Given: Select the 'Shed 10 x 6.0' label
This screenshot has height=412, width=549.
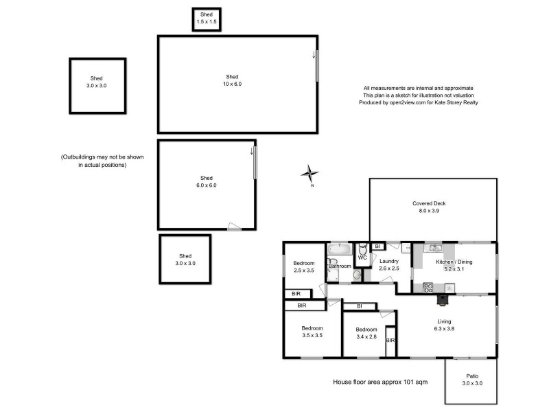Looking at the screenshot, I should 233,80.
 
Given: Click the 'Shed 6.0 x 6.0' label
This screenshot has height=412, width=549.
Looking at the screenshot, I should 207,181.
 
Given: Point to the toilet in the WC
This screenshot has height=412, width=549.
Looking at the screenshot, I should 362,251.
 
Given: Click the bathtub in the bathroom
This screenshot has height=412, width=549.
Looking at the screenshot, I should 340,249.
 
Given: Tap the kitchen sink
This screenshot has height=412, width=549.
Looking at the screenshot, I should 433,248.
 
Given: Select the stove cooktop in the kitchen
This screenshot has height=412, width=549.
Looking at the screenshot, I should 428,286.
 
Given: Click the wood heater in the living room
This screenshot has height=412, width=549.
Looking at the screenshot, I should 443,298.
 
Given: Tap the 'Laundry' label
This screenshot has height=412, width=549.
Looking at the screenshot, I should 388,264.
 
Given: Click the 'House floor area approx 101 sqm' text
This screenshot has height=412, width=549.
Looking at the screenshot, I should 380,382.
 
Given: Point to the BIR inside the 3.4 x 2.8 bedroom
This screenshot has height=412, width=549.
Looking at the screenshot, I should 390,341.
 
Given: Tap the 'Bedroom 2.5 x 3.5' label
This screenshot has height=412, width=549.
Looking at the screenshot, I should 304,267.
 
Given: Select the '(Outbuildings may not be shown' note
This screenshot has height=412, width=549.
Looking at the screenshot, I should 103,157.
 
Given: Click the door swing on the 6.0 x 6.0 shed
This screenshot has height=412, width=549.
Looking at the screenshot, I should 235,225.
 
